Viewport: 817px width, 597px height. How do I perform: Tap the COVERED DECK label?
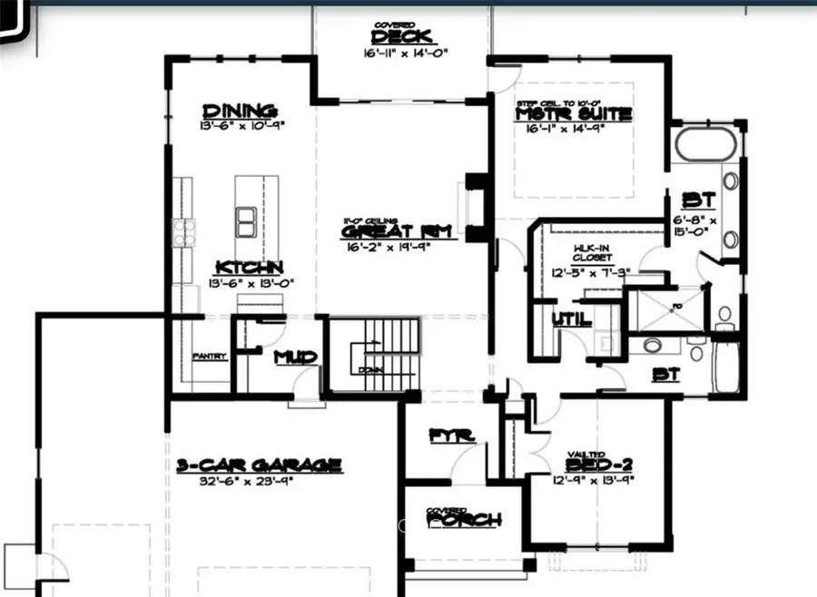click(x=403, y=36)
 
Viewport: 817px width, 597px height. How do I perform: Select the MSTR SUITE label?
click(x=573, y=115)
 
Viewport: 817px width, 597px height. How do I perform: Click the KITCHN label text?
click(x=249, y=268)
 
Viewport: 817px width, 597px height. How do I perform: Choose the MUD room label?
click(x=296, y=357)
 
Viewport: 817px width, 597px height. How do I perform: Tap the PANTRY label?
click(x=209, y=357)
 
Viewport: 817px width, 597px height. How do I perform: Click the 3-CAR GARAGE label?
click(x=259, y=465)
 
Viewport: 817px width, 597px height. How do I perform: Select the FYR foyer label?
click(x=452, y=436)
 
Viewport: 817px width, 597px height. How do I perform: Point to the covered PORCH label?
click(x=464, y=520)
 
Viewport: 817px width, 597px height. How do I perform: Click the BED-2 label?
click(x=593, y=465)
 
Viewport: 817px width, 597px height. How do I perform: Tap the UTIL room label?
click(x=571, y=319)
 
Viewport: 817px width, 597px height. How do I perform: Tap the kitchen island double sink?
click(x=245, y=220)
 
